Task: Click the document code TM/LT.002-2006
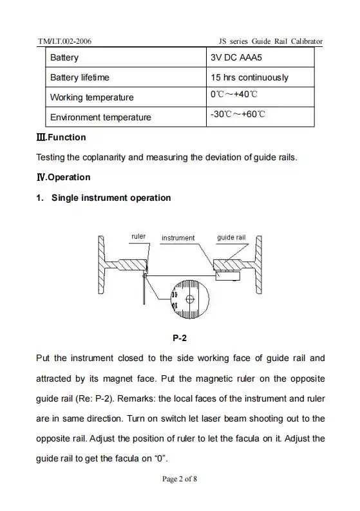pyautogui.click(x=64, y=41)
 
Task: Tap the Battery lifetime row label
pyautogui.click(x=80, y=78)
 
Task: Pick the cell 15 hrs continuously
pyautogui.click(x=249, y=78)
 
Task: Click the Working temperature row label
pyautogui.click(x=92, y=98)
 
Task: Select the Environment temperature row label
pyautogui.click(x=100, y=118)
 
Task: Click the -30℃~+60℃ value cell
pyautogui.click(x=238, y=115)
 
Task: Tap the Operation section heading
pyautogui.click(x=63, y=177)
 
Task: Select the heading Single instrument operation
pyautogui.click(x=111, y=198)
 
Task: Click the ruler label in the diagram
pyautogui.click(x=138, y=236)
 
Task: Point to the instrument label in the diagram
pyautogui.click(x=178, y=238)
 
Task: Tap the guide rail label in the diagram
pyautogui.click(x=231, y=237)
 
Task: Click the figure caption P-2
pyautogui.click(x=180, y=337)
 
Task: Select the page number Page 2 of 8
pyautogui.click(x=180, y=479)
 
